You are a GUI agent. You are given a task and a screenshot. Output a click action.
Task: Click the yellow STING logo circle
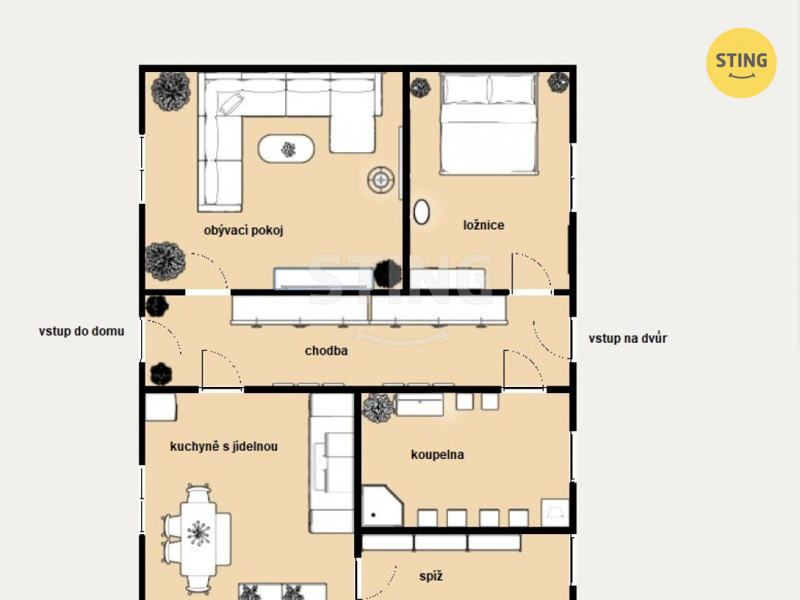(741, 63)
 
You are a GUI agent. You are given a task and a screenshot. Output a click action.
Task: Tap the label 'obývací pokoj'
(243, 230)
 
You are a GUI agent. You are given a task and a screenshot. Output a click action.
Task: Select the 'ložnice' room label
(483, 225)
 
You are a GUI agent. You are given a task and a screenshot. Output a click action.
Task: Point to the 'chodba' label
(326, 351)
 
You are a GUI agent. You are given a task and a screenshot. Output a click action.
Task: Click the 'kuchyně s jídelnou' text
(224, 446)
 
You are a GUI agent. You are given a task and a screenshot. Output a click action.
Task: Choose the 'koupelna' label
(438, 454)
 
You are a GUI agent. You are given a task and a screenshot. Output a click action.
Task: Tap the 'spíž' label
(431, 576)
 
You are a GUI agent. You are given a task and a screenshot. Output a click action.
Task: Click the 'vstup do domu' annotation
(82, 331)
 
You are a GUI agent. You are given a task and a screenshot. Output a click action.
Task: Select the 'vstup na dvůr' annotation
(627, 338)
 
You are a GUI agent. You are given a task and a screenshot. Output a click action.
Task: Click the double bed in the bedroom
(489, 123)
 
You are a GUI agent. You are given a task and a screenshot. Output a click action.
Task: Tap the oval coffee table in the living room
(286, 148)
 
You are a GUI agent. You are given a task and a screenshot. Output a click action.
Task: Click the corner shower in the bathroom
(383, 505)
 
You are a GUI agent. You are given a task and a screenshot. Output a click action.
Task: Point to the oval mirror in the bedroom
(422, 211)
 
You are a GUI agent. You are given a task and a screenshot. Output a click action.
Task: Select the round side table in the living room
(381, 179)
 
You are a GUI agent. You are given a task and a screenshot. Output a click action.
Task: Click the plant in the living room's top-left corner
(171, 91)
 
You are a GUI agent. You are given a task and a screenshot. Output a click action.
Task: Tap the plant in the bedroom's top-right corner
(558, 82)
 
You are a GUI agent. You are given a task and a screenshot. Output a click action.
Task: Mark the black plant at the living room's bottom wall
(388, 274)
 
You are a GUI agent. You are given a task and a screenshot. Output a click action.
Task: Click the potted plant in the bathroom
(378, 408)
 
